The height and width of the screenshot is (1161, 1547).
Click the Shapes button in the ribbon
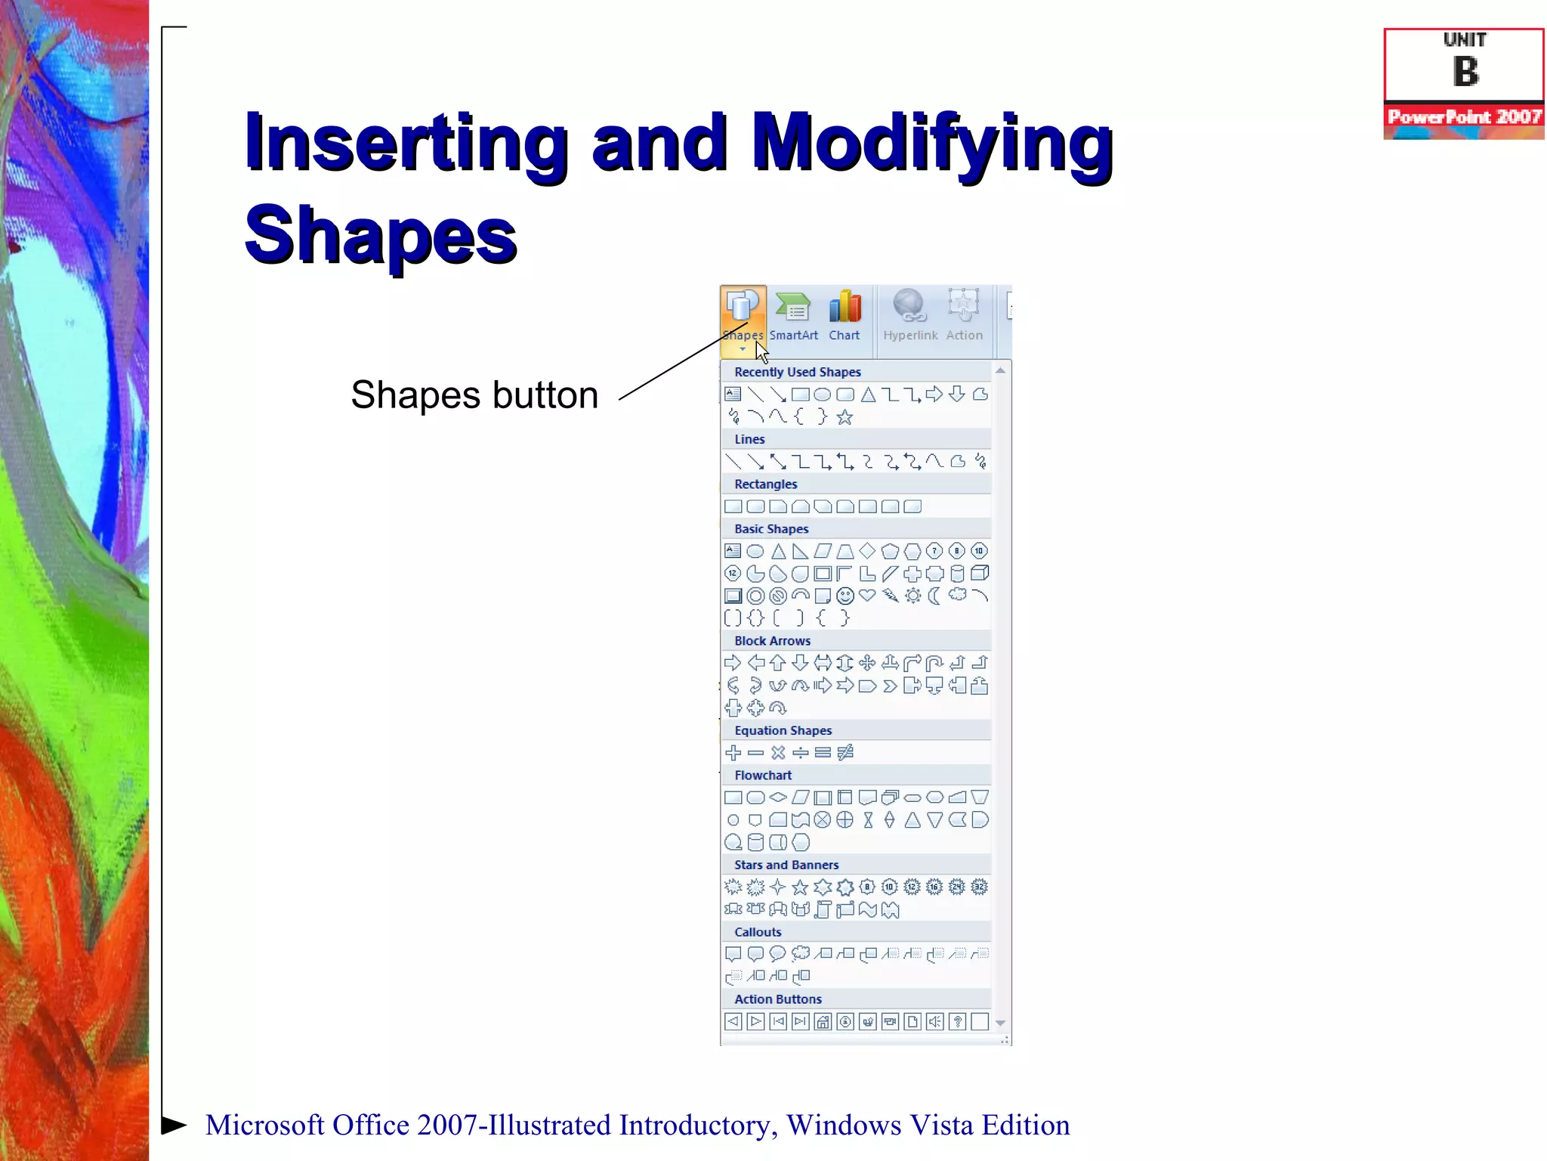pos(743,318)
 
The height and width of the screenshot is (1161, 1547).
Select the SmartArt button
pos(793,318)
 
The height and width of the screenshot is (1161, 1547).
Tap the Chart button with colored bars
pos(845,318)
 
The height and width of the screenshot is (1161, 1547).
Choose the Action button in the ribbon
pos(965,318)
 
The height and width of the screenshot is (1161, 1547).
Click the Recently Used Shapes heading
pos(798,372)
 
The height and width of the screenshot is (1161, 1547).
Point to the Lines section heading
pos(749,439)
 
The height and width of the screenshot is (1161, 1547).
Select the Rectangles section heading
pos(765,484)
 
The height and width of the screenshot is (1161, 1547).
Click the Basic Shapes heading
pos(771,529)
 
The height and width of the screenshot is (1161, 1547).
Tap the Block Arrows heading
pos(772,641)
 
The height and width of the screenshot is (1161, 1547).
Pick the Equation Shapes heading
pos(783,730)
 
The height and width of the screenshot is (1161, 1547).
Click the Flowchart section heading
pos(763,776)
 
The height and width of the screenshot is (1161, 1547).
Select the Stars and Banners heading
pos(786,865)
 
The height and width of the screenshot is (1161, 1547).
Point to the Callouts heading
pos(758,932)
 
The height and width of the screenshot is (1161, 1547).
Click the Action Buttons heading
pos(778,999)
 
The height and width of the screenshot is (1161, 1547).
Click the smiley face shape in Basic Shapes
pos(845,596)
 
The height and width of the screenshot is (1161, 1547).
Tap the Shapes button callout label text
pos(474,395)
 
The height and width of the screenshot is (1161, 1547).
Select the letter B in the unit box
pos(1465,73)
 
